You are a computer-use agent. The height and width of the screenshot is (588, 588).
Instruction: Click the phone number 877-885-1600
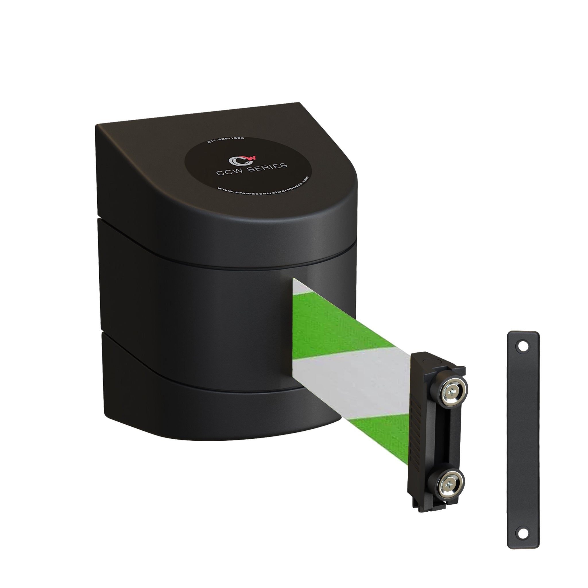click(x=225, y=140)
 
